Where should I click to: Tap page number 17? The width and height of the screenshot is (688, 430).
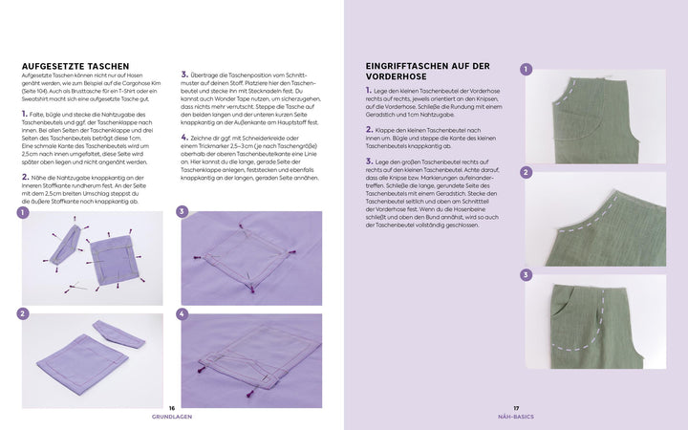tap(516, 407)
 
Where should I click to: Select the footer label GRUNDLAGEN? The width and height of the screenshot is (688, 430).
tap(172, 417)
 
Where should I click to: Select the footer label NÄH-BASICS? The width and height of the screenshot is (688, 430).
tap(516, 417)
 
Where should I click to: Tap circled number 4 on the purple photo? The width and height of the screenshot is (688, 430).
tap(183, 313)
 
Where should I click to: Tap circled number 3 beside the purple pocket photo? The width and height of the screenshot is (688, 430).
tap(183, 211)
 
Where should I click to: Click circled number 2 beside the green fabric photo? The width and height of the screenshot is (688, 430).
tap(527, 173)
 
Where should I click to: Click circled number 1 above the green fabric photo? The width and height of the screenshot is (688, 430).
tap(527, 70)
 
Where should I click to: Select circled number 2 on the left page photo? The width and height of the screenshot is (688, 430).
tap(22, 313)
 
